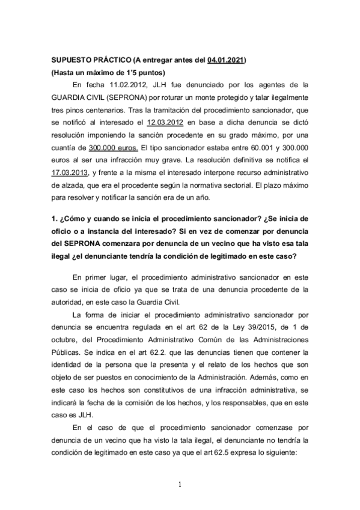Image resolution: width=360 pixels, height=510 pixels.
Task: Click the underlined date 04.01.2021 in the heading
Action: point(227,61)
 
